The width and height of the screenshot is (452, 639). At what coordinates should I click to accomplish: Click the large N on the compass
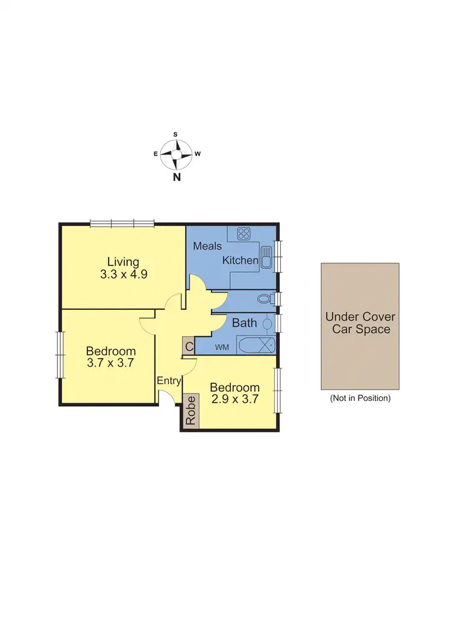pos(177,177)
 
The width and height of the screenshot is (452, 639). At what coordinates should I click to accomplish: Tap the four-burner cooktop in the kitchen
pos(244,233)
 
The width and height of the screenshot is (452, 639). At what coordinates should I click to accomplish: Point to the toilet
pos(264,298)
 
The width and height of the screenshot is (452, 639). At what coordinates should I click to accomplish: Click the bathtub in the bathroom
pos(256,347)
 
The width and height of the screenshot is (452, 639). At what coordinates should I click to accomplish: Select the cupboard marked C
pos(189,347)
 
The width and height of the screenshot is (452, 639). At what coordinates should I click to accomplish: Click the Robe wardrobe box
pos(191,411)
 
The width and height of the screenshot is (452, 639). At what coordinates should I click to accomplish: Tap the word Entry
pos(169,381)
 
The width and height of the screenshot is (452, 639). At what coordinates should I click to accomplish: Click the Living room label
pos(123,262)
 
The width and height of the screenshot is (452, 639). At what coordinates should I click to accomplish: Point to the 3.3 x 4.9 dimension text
pos(123,274)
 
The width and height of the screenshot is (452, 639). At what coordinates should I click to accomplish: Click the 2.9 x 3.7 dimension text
pos(234,398)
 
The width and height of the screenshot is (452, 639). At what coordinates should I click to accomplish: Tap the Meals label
pos(207,246)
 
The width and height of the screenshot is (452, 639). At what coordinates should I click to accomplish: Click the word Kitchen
pos(240,260)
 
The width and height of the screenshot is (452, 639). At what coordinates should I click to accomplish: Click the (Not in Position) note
pos(360,398)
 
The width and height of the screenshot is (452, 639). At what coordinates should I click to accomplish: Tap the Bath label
pos(244,323)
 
